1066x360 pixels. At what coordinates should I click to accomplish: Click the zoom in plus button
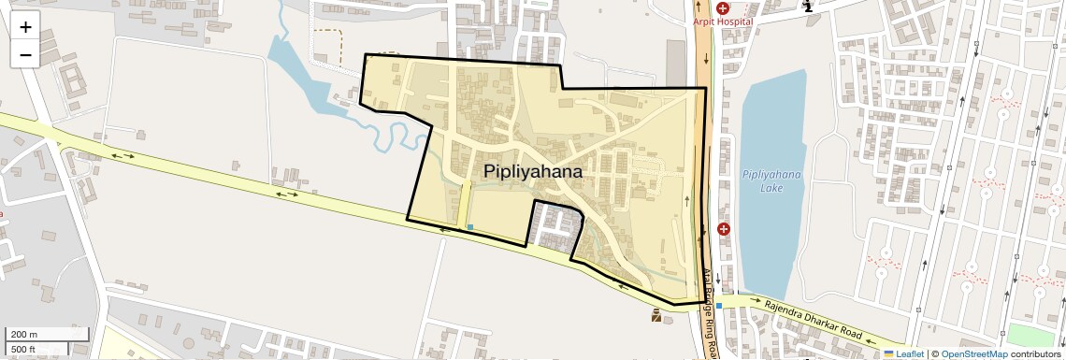[25, 26]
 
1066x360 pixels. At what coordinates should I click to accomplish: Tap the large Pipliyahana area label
[533, 172]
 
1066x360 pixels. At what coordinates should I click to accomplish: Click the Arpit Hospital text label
[723, 22]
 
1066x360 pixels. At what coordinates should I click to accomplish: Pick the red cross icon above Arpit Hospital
[723, 7]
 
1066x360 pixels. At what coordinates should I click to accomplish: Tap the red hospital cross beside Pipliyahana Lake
[723, 228]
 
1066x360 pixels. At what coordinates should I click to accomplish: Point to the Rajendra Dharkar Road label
[812, 320]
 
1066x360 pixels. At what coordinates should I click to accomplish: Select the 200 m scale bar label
[24, 334]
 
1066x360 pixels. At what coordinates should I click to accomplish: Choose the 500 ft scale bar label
[24, 349]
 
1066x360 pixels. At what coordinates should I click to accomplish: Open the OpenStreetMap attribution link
[973, 353]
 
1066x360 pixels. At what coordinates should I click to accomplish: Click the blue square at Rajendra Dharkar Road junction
[719, 306]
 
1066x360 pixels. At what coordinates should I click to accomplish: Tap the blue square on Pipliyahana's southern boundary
[469, 227]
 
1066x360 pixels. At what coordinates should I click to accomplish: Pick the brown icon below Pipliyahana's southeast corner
[656, 317]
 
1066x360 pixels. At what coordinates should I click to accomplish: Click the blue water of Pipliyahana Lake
[771, 140]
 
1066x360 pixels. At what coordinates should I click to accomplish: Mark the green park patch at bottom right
[1033, 335]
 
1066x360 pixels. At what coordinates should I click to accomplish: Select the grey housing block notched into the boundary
[558, 225]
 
